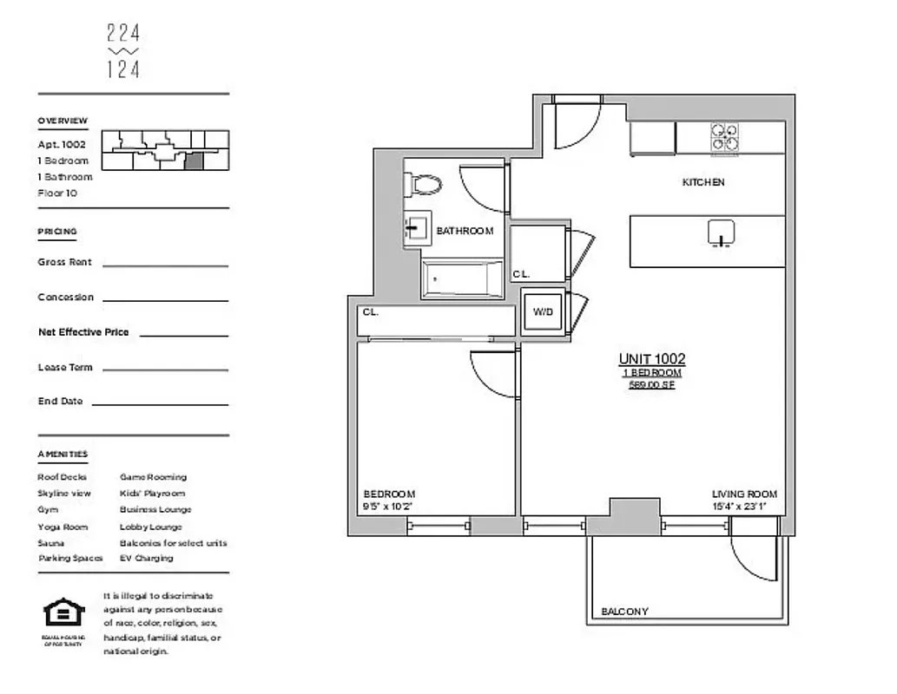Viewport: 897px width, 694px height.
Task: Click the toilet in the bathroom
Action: pyautogui.click(x=424, y=184)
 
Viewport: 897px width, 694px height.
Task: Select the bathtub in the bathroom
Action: pyautogui.click(x=462, y=278)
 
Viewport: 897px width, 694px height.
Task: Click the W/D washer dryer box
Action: pyautogui.click(x=543, y=311)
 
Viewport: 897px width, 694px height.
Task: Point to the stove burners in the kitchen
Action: pyautogui.click(x=726, y=138)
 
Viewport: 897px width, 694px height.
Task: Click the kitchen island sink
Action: pyautogui.click(x=722, y=232)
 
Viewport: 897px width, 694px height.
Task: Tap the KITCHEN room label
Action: pyautogui.click(x=702, y=182)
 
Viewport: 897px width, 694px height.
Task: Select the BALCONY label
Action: pyautogui.click(x=624, y=612)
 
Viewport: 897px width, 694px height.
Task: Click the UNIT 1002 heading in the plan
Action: pyautogui.click(x=651, y=359)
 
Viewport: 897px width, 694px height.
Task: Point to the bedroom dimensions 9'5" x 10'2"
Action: pyautogui.click(x=388, y=506)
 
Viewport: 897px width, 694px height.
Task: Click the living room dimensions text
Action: pyautogui.click(x=744, y=506)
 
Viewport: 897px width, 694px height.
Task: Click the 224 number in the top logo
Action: pyautogui.click(x=123, y=34)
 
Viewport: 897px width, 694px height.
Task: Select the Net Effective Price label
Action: pyautogui.click(x=83, y=332)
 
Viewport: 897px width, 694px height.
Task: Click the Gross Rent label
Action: pyautogui.click(x=64, y=262)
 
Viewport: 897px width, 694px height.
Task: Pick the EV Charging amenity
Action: pyautogui.click(x=146, y=558)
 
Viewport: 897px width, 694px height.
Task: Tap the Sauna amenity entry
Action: pyautogui.click(x=50, y=542)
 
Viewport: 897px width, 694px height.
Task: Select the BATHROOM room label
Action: pyautogui.click(x=465, y=231)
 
